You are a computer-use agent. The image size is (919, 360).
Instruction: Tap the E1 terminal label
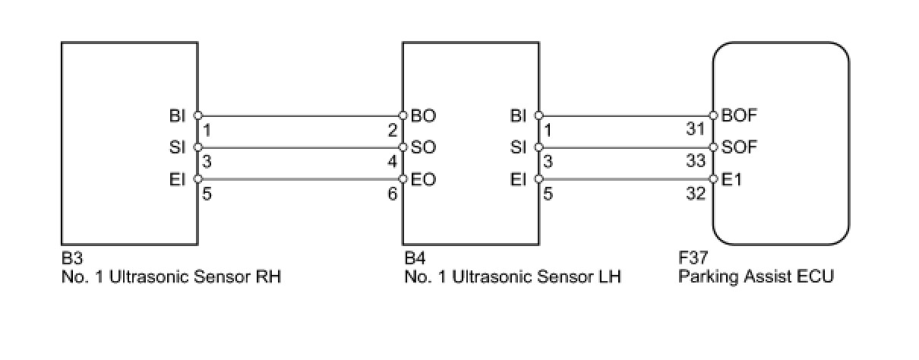pos(731,179)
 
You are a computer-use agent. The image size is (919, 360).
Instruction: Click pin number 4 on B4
pos(393,162)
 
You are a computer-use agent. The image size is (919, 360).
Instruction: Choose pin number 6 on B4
pos(393,194)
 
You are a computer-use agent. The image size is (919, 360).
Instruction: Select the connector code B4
pos(414,259)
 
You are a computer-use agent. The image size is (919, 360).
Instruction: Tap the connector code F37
pos(693,259)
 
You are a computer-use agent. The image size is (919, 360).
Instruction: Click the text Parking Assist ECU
pos(756,276)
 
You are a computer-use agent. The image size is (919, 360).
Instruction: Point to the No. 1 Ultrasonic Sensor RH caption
pos(172,276)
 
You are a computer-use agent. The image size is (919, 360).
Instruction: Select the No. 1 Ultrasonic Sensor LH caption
pos(513,276)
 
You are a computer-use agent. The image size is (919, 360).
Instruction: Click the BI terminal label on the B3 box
pos(178,116)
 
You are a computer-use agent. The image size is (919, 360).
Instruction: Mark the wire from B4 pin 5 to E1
pos(627,179)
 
